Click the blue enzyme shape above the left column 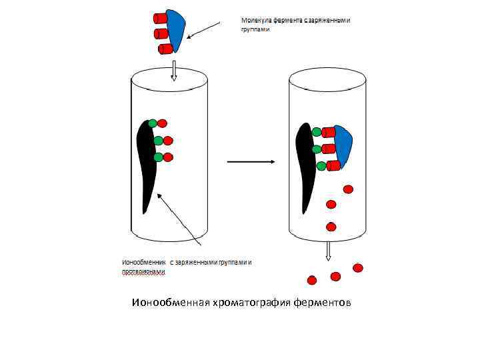coord(177,30)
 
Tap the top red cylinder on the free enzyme coord(160,17)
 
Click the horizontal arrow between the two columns coord(251,162)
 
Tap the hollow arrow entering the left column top coord(173,69)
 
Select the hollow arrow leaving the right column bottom coord(328,251)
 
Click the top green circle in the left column coord(153,123)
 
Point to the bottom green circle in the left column coord(159,157)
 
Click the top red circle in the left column coord(163,123)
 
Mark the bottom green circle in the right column coord(321,165)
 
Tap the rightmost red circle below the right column coord(358,268)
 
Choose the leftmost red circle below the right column coord(311,280)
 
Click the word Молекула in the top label coord(256,20)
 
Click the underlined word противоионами coord(143,271)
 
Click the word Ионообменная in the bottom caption coord(170,304)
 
